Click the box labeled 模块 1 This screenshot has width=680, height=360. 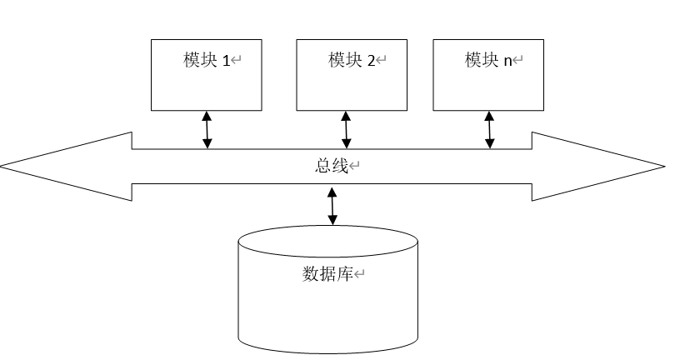pos(206,83)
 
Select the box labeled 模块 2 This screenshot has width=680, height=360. pos(351,83)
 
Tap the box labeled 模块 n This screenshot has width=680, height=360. pos(488,83)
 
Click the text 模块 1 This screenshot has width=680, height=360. pos(206,60)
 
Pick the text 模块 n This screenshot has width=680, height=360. pos(488,60)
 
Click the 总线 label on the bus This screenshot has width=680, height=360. pos(325,165)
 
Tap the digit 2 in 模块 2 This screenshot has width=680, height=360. pos(371,61)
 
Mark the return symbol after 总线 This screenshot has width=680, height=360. pos(354,166)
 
